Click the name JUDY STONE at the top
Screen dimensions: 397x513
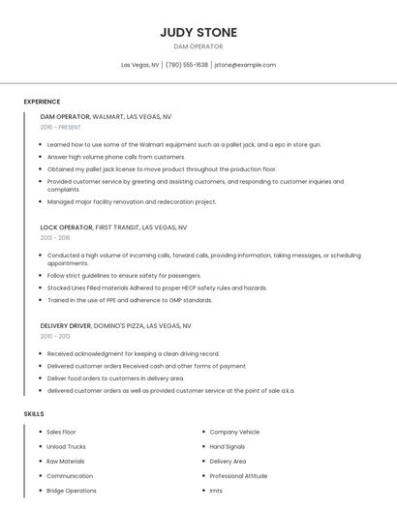pyautogui.click(x=198, y=32)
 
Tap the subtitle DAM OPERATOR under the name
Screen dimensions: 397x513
pyautogui.click(x=198, y=46)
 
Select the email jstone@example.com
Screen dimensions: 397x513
pyautogui.click(x=245, y=65)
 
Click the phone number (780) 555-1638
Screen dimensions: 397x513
pyautogui.click(x=187, y=65)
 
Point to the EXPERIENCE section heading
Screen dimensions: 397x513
pyautogui.click(x=42, y=102)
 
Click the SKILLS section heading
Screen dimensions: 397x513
pyautogui.click(x=34, y=413)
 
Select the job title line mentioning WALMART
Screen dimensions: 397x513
pyautogui.click(x=106, y=116)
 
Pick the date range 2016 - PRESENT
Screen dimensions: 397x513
pyautogui.click(x=62, y=127)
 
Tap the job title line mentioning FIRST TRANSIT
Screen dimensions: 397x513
pyautogui.click(x=113, y=227)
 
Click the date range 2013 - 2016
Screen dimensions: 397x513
pyautogui.click(x=55, y=237)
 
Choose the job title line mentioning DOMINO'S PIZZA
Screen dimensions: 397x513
pyautogui.click(x=115, y=326)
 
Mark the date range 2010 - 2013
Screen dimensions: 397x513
pyautogui.click(x=55, y=336)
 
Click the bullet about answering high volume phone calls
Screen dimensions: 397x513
pyautogui.click(x=115, y=157)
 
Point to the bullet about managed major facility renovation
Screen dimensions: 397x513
pyautogui.click(x=131, y=201)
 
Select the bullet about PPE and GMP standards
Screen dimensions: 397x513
pyautogui.click(x=129, y=300)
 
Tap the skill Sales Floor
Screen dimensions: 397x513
pyautogui.click(x=61, y=432)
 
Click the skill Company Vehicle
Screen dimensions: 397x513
pyautogui.click(x=234, y=432)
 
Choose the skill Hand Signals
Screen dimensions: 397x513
pyautogui.click(x=229, y=446)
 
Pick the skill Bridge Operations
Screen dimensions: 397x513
pyautogui.click(x=72, y=491)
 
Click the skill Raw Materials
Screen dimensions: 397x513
pyautogui.click(x=65, y=462)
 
